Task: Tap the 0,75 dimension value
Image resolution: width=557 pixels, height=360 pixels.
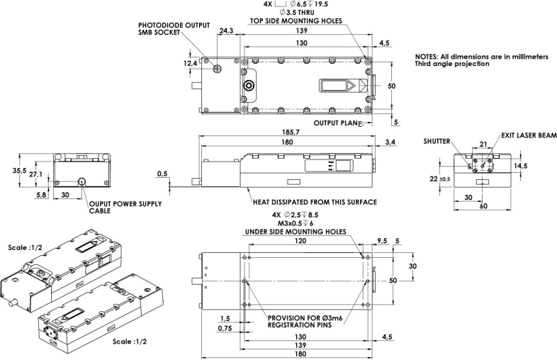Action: (226, 328)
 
